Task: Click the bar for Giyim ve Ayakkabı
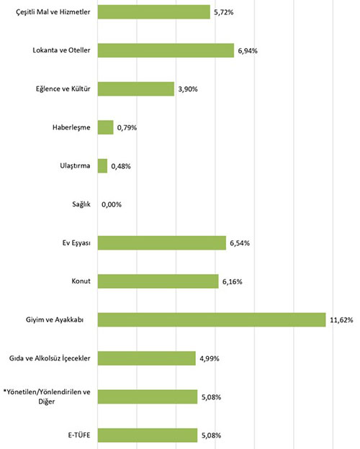(x=212, y=320)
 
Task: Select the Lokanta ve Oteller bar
(x=166, y=50)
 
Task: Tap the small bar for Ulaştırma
(x=102, y=166)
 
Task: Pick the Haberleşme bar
(x=105, y=127)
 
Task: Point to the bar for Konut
(x=158, y=281)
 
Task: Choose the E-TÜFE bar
(x=148, y=435)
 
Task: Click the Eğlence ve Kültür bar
(x=136, y=89)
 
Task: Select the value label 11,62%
(x=341, y=320)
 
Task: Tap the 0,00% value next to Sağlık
(x=112, y=205)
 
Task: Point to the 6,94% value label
(x=248, y=51)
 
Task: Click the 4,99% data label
(x=210, y=358)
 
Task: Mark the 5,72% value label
(x=224, y=12)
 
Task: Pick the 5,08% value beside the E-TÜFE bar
(x=211, y=435)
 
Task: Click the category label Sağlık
(x=81, y=204)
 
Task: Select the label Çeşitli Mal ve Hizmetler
(x=53, y=12)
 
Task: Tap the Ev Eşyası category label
(x=76, y=243)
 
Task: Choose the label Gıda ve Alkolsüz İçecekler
(x=50, y=358)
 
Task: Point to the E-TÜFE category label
(x=79, y=435)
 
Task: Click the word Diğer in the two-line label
(x=46, y=402)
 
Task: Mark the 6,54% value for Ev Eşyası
(x=240, y=243)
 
